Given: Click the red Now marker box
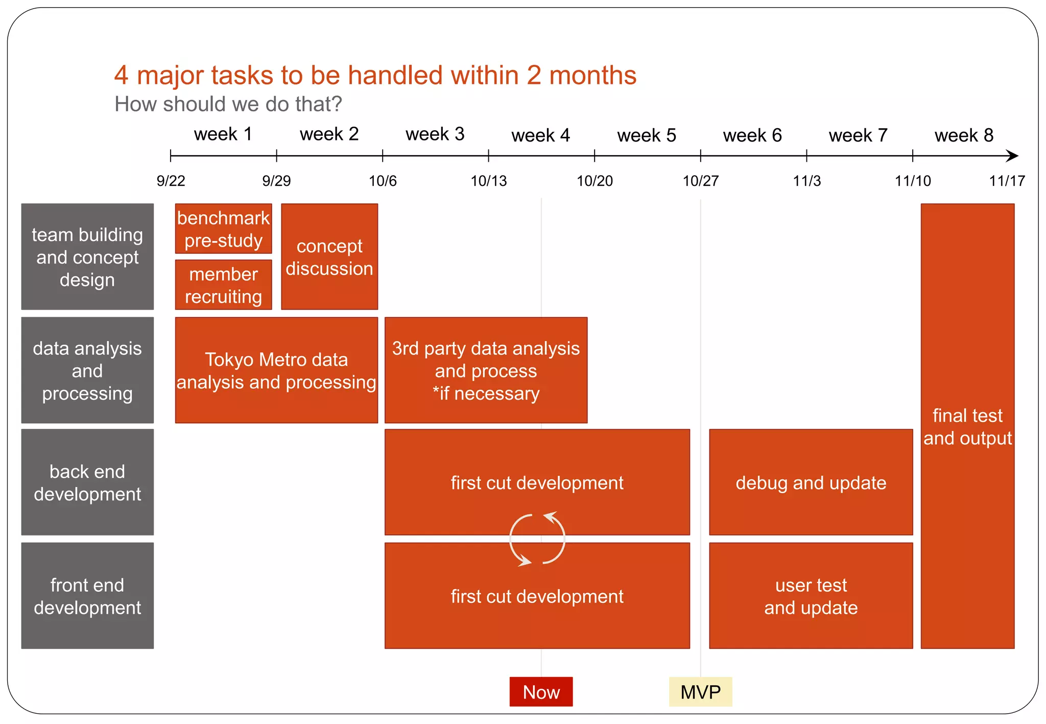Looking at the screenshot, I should click(541, 692).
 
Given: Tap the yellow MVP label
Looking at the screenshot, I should click(700, 692).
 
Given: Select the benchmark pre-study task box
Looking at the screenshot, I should click(223, 229).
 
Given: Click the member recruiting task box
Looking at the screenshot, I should click(223, 285).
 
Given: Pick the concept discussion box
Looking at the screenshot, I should click(329, 257).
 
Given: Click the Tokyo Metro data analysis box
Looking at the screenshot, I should click(276, 370).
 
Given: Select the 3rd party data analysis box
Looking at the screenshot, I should click(486, 370).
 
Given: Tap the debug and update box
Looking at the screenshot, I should click(811, 482).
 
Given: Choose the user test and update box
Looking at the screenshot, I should click(811, 596).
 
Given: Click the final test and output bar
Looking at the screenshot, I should click(967, 426).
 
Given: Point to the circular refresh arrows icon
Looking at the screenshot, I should click(537, 539).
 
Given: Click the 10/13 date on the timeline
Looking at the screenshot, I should click(488, 181).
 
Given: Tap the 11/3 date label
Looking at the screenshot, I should click(806, 181).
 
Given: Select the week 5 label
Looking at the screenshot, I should click(646, 135).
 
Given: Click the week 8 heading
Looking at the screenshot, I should click(964, 135).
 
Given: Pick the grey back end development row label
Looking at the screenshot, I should click(87, 482).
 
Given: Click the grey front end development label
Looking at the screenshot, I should click(87, 596).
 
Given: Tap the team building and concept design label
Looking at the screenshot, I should click(87, 257).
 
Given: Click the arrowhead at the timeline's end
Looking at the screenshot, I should click(1012, 156).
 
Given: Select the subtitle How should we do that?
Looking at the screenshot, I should click(228, 104).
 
